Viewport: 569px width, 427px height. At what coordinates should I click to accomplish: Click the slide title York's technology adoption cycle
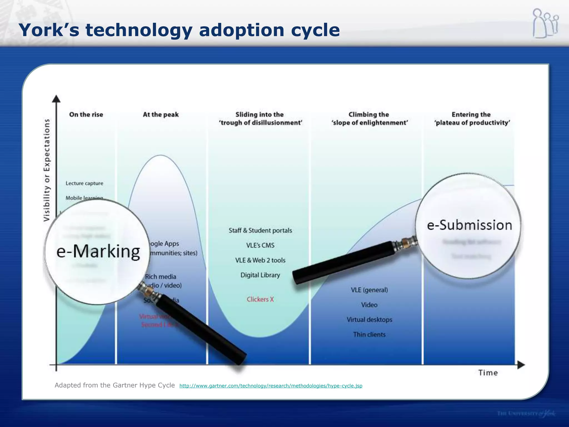click(179, 30)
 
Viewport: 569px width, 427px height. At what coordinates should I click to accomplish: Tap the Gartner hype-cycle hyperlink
click(271, 386)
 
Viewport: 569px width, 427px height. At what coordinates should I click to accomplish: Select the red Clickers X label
click(260, 299)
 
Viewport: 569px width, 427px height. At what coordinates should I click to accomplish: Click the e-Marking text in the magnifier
click(98, 251)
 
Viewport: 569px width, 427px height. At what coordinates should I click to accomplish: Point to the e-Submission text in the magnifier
click(469, 225)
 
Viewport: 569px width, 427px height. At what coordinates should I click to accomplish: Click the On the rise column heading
click(86, 115)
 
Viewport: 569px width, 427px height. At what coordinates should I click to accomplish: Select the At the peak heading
click(161, 115)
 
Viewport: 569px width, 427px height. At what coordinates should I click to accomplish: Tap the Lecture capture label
click(84, 183)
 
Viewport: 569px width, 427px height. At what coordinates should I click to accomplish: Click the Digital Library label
click(260, 275)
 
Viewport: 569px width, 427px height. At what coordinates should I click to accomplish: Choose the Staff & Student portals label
click(260, 230)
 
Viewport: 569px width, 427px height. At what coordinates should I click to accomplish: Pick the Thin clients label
click(369, 334)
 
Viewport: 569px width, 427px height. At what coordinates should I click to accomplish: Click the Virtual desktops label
click(369, 320)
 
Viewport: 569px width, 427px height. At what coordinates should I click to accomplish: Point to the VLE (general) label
click(369, 290)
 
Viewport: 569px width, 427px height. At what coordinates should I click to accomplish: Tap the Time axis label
click(488, 373)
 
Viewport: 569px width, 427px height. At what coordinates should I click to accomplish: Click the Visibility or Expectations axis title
click(47, 170)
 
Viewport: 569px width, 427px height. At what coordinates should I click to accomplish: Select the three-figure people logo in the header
click(545, 23)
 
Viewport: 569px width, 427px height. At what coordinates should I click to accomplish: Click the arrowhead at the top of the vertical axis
click(56, 99)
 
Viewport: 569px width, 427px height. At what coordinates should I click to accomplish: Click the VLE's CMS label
click(260, 245)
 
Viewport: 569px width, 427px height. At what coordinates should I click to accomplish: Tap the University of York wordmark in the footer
click(526, 414)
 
